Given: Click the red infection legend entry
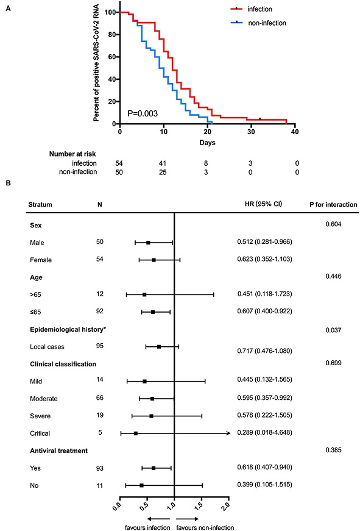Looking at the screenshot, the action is coord(252,9).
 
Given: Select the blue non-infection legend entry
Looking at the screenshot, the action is coord(258,23).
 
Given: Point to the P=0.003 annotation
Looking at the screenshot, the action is coord(143,113).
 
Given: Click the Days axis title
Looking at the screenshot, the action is coord(207,143).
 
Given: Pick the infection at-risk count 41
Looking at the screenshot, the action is coord(163,163).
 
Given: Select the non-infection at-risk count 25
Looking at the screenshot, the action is coord(163,173).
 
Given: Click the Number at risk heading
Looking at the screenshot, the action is coord(72,154).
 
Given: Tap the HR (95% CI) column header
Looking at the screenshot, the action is coord(263,204).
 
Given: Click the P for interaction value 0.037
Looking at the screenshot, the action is coord(333,330).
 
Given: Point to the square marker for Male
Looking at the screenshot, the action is coord(148,243).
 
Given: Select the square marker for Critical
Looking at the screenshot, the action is coord(136,433).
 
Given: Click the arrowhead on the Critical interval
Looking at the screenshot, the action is coord(228,433).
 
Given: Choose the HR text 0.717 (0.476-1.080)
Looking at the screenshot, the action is coord(264,351).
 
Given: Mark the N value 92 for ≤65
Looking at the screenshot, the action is coord(100,311).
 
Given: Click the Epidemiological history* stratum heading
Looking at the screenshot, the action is coord(68,329).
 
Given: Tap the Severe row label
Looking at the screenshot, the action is coord(40,416).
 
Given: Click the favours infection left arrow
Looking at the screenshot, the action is coord(158,519).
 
